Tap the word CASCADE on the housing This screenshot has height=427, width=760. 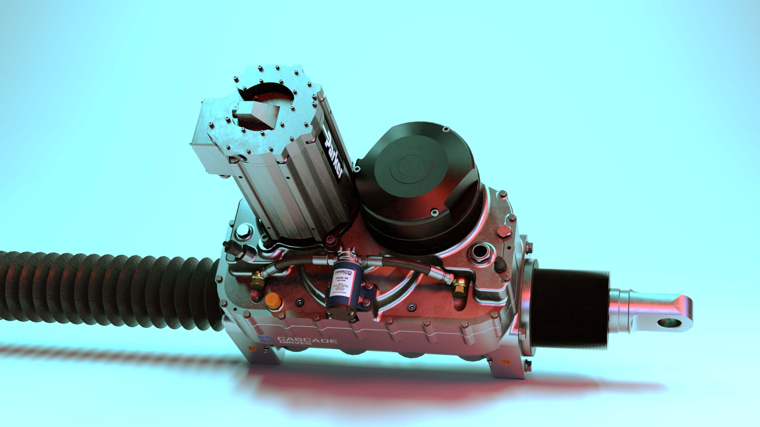point(307,340)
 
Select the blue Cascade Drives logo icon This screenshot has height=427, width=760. point(266,339)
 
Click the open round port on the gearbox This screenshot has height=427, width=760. point(480,252)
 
